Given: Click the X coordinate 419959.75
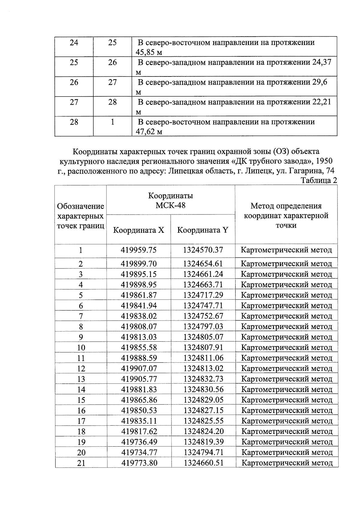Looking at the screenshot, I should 139,250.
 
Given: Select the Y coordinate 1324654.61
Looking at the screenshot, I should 203,264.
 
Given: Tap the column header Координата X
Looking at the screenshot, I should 139,230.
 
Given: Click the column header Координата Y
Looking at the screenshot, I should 203,230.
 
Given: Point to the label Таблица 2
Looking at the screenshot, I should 319,180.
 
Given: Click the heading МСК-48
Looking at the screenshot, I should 170,205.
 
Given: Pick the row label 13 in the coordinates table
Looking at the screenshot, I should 81,379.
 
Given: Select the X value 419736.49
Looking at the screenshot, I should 139,442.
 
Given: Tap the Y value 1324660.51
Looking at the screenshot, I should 204,463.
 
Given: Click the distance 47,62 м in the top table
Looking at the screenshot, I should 149,132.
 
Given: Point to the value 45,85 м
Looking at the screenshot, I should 149,52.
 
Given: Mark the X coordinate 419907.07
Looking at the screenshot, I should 139,368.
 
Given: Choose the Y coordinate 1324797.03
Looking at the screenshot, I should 203,326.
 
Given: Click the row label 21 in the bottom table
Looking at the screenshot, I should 81,463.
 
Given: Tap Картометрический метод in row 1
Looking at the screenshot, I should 286,250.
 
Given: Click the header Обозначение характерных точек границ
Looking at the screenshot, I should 81,216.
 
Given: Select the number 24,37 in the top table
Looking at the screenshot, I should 322,62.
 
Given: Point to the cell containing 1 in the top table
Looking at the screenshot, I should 112,122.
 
